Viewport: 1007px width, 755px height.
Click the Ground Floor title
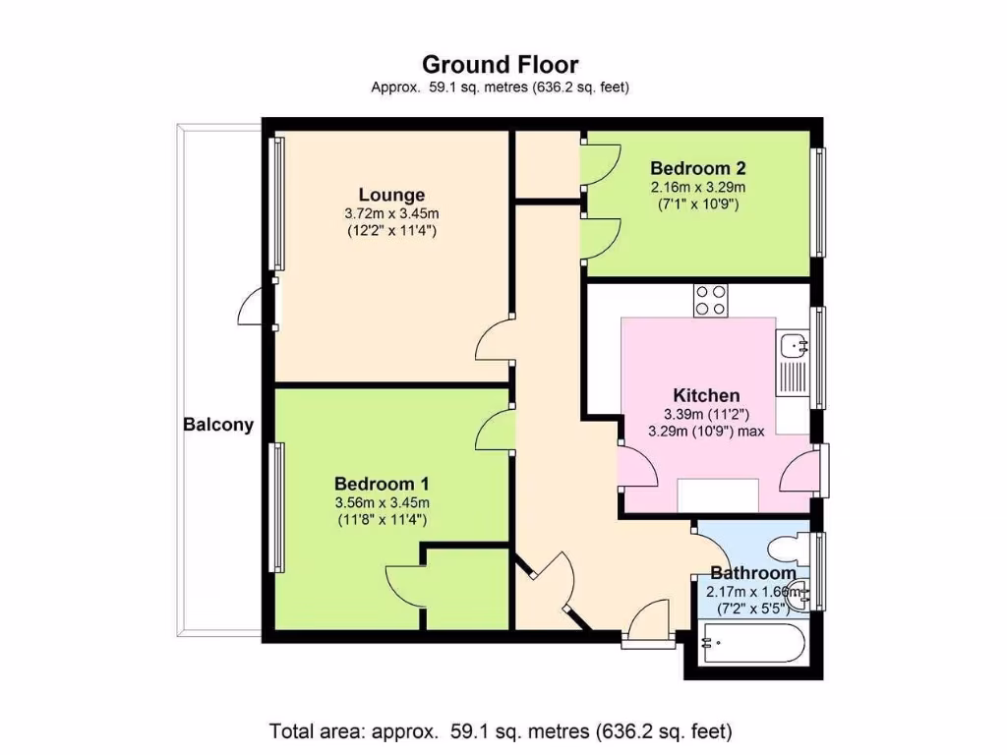(501, 65)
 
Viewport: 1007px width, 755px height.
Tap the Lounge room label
(391, 195)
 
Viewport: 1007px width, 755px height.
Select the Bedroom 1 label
(382, 484)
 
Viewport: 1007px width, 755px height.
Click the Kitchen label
(700, 395)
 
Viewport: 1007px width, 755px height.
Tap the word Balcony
(218, 426)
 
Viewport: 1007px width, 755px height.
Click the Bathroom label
(752, 573)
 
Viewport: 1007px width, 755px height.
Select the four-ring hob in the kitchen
(711, 300)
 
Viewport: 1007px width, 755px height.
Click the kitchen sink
(792, 345)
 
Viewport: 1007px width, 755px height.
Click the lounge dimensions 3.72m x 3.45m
(391, 213)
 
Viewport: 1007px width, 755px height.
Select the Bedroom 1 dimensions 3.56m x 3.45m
(382, 502)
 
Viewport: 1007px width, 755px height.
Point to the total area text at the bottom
(501, 731)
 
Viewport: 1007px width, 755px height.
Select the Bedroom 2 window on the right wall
(817, 202)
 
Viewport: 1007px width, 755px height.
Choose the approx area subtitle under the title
(501, 87)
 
